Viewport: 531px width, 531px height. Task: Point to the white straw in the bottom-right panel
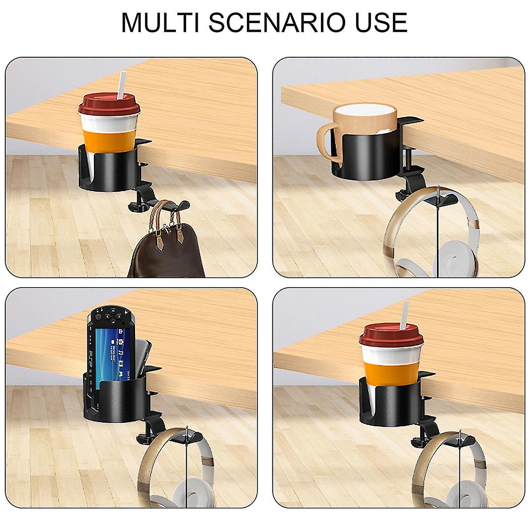(x=406, y=315)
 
